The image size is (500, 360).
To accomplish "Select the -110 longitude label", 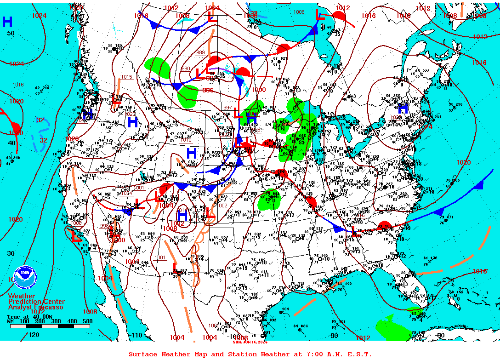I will (137, 335).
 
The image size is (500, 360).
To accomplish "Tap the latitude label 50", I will (11, 33).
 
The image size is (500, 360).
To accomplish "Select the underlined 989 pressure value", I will (200, 52).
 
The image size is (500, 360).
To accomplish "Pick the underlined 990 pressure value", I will (185, 69).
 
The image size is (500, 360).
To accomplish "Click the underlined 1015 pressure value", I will (127, 77).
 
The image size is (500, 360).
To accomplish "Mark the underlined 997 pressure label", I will (227, 107).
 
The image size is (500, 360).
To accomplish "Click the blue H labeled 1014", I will (182, 215).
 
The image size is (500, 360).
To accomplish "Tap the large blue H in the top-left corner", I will (7, 22).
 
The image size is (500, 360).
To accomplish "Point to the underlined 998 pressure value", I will (105, 225).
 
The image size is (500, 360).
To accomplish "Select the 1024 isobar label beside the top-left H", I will (39, 16).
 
